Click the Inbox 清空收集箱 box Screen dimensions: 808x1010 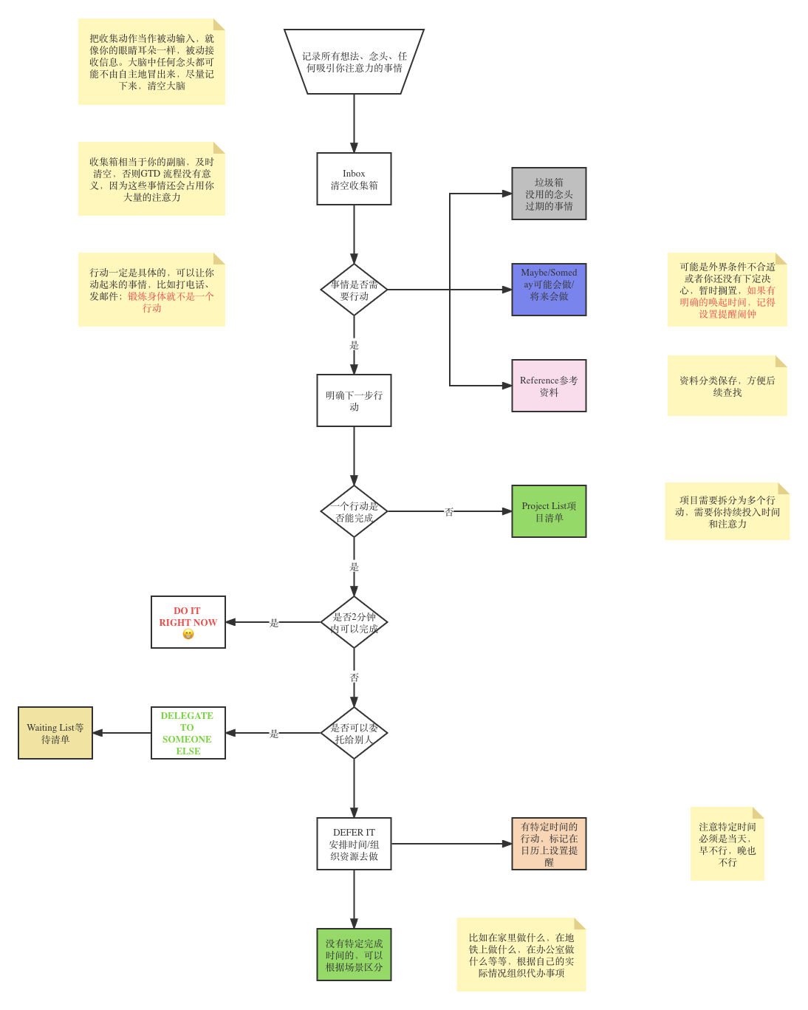[354, 179]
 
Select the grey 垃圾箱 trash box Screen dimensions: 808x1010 [549, 194]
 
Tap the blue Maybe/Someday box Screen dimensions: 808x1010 [549, 290]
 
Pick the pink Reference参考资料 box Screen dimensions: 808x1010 [549, 386]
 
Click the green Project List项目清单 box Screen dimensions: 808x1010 [549, 511]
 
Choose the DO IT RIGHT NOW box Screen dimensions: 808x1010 [188, 622]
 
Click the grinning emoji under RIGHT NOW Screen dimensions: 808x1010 [188, 634]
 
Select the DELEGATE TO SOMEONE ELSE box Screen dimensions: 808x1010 [188, 733]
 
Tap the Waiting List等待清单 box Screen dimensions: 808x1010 [55, 733]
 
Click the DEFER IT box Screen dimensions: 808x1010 [354, 843]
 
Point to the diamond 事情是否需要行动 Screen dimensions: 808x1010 [354, 290]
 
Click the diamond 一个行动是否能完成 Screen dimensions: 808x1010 [354, 511]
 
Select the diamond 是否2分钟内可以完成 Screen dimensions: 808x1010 [354, 622]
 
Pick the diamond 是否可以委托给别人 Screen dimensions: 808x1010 [354, 733]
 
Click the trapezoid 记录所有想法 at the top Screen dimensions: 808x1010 [354, 61]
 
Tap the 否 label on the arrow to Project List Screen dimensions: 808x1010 [449, 511]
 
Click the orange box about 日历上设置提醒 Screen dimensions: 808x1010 [549, 843]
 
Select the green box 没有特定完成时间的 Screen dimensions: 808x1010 [354, 954]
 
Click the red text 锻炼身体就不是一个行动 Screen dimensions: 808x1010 [171, 301]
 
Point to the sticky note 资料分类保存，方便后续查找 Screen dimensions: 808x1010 [727, 386]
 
